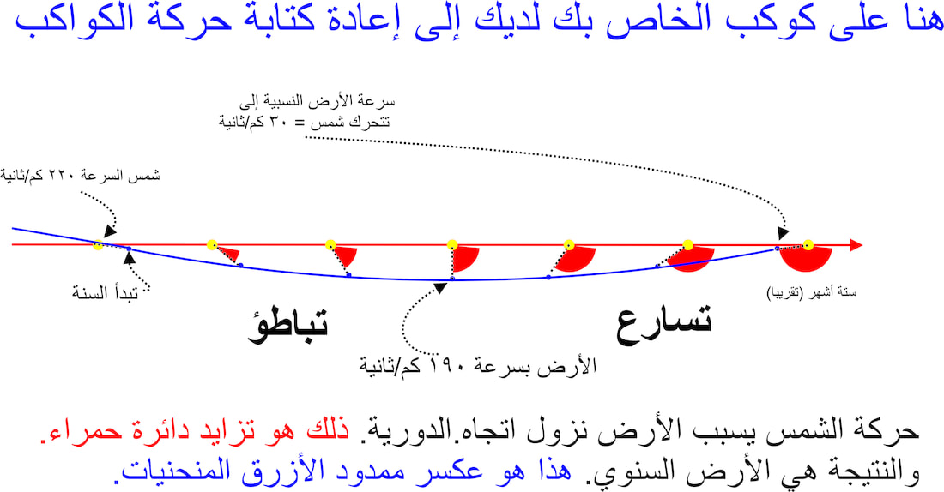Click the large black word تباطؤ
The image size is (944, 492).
[x=287, y=326]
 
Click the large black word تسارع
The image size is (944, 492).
[x=663, y=323]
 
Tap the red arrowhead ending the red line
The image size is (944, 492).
[x=856, y=245]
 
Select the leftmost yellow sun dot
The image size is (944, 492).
[x=98, y=245]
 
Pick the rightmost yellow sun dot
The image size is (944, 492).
[x=808, y=245]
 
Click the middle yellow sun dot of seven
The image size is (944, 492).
[x=452, y=245]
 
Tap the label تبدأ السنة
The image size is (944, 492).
[x=106, y=293]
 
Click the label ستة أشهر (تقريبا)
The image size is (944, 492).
[x=811, y=293]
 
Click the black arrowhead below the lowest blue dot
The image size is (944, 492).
[x=440, y=288]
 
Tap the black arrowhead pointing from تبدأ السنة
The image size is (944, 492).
[x=129, y=257]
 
